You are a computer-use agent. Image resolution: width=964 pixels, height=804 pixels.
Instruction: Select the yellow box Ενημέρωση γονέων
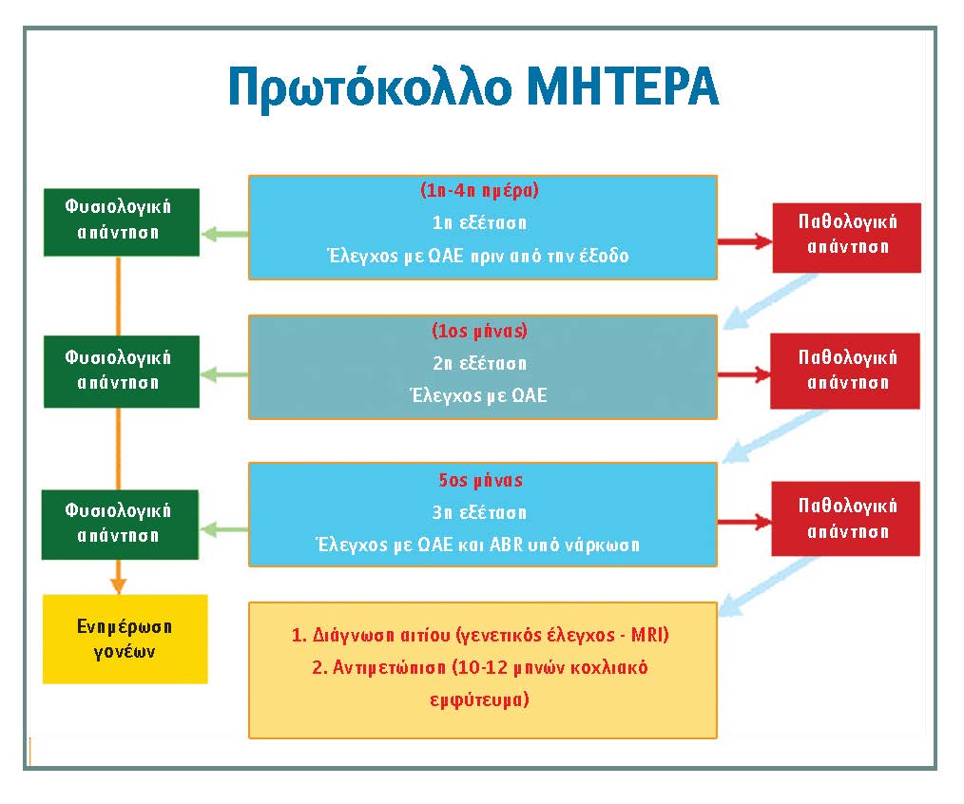point(125,639)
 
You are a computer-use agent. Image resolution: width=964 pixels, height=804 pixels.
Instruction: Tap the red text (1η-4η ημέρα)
point(479,190)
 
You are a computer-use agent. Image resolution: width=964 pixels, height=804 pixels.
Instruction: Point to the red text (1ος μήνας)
point(479,331)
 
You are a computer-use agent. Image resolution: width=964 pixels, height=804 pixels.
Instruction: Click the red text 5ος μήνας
point(480,480)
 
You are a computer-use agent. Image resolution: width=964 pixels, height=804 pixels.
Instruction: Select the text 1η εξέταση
point(479,222)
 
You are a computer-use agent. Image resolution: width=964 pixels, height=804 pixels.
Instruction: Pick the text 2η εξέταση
point(479,363)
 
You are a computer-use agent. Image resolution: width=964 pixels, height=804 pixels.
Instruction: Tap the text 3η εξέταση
point(479,512)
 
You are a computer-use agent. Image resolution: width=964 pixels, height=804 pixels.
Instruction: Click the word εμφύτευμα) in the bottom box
point(479,699)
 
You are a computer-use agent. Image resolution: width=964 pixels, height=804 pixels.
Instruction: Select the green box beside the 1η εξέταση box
point(122,222)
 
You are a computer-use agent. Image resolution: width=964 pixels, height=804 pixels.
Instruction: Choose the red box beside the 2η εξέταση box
point(845,371)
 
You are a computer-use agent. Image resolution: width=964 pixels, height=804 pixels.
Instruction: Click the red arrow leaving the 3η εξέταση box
point(744,523)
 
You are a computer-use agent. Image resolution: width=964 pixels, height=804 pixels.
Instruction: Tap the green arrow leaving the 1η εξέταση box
point(225,234)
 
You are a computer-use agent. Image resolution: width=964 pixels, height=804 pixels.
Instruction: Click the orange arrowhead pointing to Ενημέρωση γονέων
point(118,585)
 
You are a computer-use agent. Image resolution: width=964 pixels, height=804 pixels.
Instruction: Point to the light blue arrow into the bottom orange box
point(767,586)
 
